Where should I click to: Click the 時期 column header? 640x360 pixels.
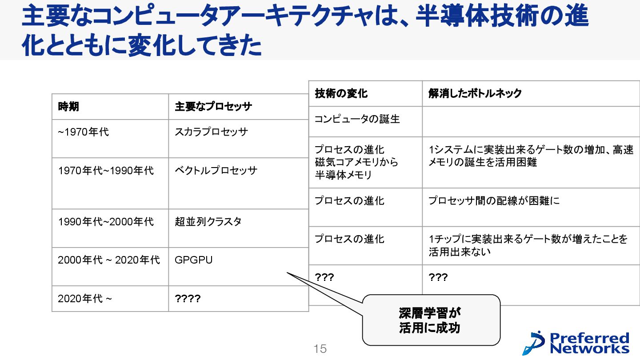click(68, 107)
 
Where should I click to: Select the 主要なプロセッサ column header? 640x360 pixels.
click(213, 107)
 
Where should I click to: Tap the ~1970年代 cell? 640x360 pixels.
click(83, 132)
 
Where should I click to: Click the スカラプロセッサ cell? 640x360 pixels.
click(211, 132)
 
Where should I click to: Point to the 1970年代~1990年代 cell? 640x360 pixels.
click(105, 171)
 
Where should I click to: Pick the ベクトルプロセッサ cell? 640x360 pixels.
click(216, 171)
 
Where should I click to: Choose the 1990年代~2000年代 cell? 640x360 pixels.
click(105, 221)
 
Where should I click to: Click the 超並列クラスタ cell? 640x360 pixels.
click(208, 221)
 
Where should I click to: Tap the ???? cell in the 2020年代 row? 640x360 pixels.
click(188, 298)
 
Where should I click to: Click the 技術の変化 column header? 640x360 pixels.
click(341, 93)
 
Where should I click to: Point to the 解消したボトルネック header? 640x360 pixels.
click(475, 93)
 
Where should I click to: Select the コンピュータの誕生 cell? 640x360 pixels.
click(357, 119)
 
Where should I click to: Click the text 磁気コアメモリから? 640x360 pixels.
click(356, 163)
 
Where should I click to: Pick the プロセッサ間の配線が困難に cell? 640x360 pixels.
click(494, 201)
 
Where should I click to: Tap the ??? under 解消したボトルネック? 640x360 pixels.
click(438, 278)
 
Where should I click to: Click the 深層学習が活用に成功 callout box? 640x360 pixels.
click(431, 320)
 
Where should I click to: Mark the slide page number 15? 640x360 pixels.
click(320, 349)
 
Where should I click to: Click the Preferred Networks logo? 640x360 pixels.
click(576, 343)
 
